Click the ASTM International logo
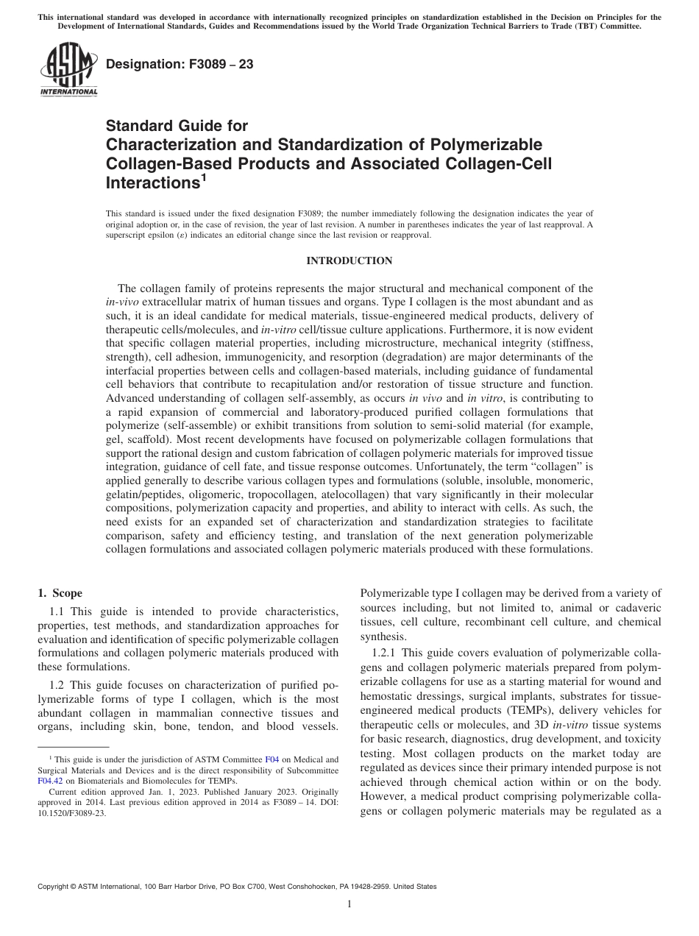tap(68, 70)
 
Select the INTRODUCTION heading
tap(349, 260)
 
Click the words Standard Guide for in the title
tap(177, 126)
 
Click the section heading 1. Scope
tap(60, 593)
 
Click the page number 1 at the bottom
tap(349, 904)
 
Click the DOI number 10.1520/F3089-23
tap(71, 815)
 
